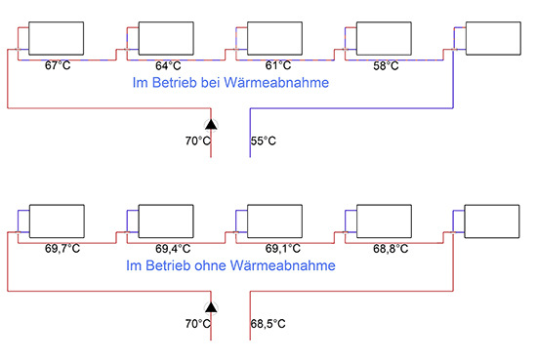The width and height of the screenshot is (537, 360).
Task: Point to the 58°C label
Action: pyautogui.click(x=387, y=65)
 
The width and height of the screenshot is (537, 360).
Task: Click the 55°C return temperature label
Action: pyautogui.click(x=264, y=141)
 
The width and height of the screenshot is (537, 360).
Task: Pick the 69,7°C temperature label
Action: pyautogui.click(x=62, y=248)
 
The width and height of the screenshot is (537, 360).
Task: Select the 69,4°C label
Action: pyautogui.click(x=172, y=248)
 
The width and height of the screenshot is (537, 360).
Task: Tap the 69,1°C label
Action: pyautogui.click(x=280, y=248)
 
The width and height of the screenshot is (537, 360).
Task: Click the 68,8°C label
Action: pyautogui.click(x=390, y=248)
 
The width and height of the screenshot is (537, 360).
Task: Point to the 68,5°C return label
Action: pyautogui.click(x=268, y=323)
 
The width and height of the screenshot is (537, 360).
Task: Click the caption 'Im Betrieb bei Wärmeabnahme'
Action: pyautogui.click(x=230, y=84)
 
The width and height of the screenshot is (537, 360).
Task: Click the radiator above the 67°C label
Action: pyautogui.click(x=57, y=40)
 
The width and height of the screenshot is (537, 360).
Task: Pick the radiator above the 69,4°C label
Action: pyautogui.click(x=167, y=221)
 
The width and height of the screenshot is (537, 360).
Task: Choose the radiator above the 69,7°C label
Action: pyautogui.click(x=57, y=221)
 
